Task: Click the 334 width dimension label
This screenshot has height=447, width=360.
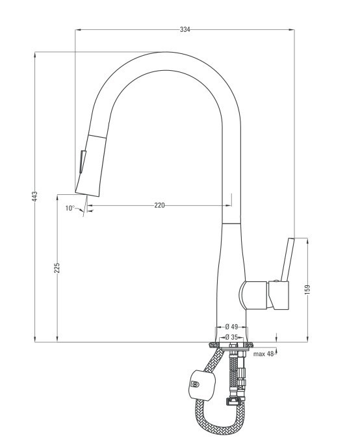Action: click(x=185, y=29)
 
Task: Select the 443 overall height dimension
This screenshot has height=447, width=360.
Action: click(x=34, y=196)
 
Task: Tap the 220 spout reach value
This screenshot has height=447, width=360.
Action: click(x=159, y=205)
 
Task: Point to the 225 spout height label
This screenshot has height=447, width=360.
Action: click(x=57, y=268)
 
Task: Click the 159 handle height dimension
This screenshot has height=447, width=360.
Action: click(x=307, y=289)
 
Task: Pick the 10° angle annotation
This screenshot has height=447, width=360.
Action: click(x=70, y=208)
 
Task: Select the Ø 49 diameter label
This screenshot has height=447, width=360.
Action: click(x=231, y=326)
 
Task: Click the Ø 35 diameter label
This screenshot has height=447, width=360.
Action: click(x=231, y=337)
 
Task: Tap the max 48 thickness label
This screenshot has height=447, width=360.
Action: click(x=263, y=354)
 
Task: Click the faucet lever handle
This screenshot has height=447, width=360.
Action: click(x=287, y=259)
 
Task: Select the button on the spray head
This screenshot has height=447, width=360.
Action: click(x=83, y=161)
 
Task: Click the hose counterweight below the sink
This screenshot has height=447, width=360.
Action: click(x=202, y=384)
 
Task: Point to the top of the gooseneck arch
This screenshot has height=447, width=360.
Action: click(x=166, y=61)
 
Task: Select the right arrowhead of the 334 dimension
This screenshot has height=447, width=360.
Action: click(x=292, y=29)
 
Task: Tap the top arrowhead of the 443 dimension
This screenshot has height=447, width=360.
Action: click(x=34, y=55)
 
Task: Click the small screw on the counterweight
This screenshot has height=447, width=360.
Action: click(x=195, y=384)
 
